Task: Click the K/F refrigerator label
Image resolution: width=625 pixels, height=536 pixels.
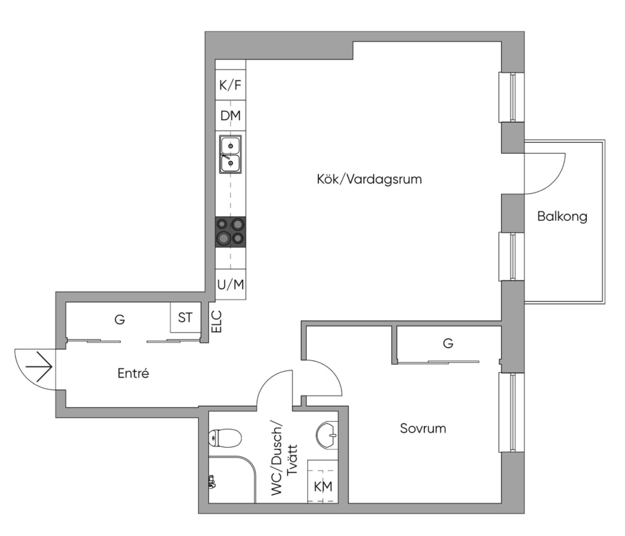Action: coord(231,85)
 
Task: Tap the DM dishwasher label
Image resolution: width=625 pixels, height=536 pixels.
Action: coord(231,115)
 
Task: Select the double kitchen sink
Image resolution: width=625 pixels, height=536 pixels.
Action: coord(231,154)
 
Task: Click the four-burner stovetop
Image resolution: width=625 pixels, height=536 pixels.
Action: coord(231,231)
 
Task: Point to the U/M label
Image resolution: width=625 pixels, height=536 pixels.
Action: coord(231,284)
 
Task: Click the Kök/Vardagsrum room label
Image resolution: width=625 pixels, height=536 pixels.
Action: coord(369,179)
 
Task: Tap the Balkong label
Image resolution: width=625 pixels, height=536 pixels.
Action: coord(562,216)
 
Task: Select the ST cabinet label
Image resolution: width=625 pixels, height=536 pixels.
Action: coord(185,317)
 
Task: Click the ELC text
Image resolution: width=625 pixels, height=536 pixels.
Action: coord(216,322)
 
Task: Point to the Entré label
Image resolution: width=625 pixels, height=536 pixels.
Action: coord(133,373)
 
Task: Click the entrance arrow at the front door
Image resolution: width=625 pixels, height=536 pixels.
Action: coord(38,367)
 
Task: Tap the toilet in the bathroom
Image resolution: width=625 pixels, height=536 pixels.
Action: coord(225,438)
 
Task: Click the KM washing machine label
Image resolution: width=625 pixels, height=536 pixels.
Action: coord(323,486)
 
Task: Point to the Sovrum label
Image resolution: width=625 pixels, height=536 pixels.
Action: coord(423,428)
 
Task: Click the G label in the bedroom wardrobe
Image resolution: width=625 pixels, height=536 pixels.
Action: coord(448,343)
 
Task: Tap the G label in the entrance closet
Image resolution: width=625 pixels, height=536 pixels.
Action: coord(120,319)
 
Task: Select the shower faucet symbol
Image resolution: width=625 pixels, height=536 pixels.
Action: coord(212,481)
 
